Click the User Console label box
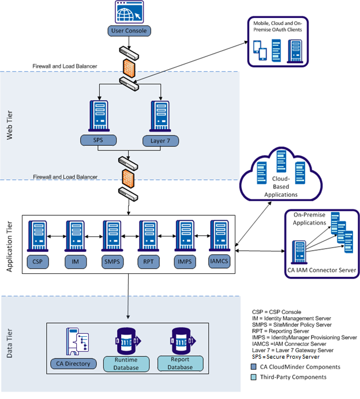coord(129,31)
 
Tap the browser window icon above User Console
coord(129,12)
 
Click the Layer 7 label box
coord(160,140)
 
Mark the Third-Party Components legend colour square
coord(254,377)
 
